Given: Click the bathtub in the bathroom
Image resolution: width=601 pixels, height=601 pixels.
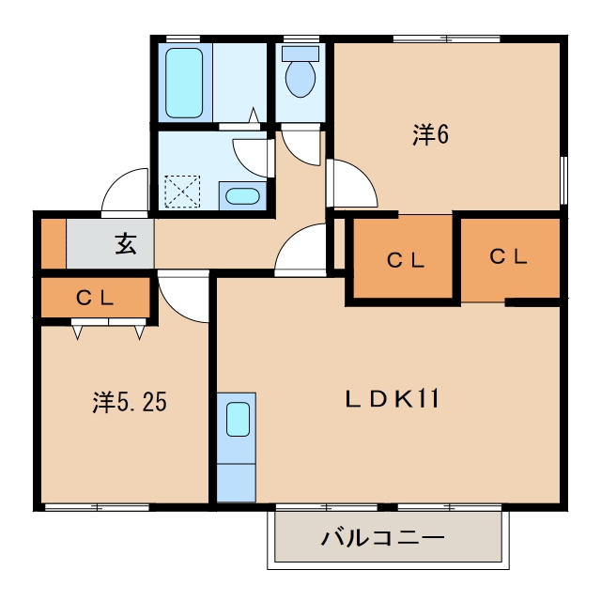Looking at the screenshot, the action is point(184,83).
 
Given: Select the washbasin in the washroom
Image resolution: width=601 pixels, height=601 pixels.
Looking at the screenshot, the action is point(242,196).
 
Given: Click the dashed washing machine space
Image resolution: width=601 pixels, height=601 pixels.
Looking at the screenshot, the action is point(182,192).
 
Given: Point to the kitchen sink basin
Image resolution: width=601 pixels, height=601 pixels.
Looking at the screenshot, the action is point(238,419).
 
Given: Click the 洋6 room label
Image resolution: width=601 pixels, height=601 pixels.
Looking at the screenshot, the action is point(430,134).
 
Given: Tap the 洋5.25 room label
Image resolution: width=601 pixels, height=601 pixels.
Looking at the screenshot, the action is point(130,402).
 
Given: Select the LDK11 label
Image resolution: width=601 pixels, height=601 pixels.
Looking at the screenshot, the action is point(393,398).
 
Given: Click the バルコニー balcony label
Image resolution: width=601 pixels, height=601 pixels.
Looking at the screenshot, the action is point(382,538).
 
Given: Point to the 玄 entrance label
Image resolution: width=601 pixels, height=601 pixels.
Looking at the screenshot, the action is point(126,244).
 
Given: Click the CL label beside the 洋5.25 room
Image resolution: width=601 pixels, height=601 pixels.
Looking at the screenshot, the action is point(95,298).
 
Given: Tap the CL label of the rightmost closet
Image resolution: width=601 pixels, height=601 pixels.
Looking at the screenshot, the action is point(509,256).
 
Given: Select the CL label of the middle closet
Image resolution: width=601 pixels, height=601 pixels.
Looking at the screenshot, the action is point(406,260).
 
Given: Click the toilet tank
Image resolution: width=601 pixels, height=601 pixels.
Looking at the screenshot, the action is point(300,54).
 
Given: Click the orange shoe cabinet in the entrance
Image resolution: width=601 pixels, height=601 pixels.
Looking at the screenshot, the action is point(54,243).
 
